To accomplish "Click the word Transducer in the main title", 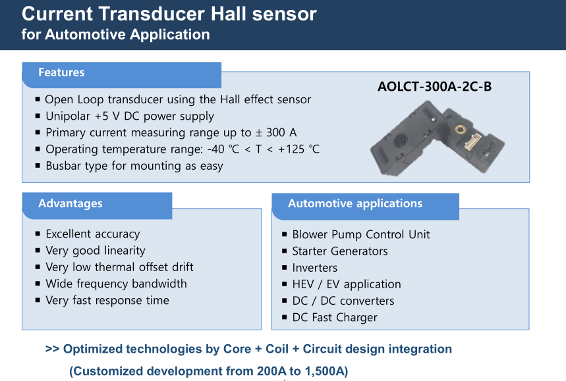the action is pyautogui.click(x=152, y=14).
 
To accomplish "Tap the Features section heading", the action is pyautogui.click(x=61, y=72).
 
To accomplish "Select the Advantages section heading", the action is pyautogui.click(x=71, y=203).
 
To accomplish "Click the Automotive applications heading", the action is pyautogui.click(x=355, y=203).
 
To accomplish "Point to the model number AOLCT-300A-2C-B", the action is pyautogui.click(x=435, y=86).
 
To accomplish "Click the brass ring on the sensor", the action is pyautogui.click(x=460, y=129).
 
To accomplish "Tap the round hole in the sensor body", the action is pyautogui.click(x=401, y=140).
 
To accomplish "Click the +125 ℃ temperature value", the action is pyautogui.click(x=298, y=149).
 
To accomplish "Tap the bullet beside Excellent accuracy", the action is pyautogui.click(x=38, y=234).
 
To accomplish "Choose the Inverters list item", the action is pyautogui.click(x=315, y=268).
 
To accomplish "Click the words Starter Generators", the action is pyautogui.click(x=340, y=251).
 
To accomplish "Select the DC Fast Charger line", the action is pyautogui.click(x=335, y=318).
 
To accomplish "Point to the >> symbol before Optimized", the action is pyautogui.click(x=52, y=349).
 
